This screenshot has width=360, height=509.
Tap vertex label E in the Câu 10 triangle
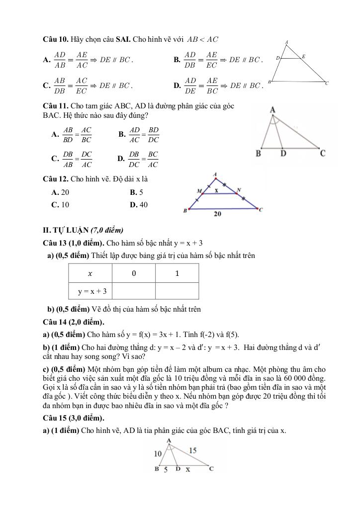304,57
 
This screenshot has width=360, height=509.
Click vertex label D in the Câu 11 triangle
283,154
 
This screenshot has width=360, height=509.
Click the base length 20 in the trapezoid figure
218,214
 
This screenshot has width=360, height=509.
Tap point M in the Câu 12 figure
199,191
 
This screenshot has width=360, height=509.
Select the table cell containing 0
134,273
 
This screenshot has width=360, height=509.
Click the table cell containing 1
177,273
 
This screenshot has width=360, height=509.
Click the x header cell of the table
90,273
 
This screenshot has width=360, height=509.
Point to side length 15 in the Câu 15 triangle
193,450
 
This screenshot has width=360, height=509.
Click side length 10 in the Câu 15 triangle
158,453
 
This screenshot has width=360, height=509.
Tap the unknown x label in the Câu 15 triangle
188,469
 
